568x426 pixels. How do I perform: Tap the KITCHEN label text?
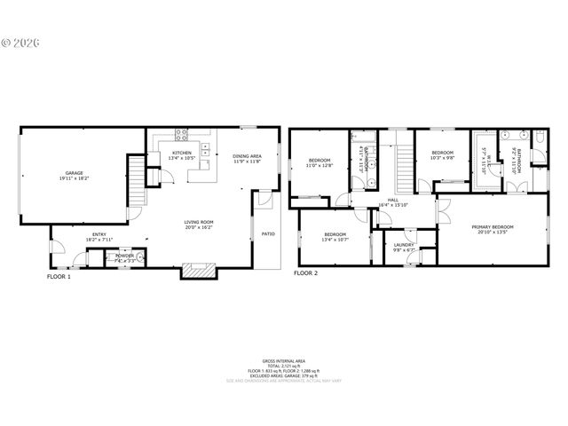[x=182, y=153]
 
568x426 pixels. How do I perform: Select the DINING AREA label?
[x=248, y=156]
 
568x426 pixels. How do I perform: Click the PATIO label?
[x=268, y=235]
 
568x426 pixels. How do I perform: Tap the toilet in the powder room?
[x=138, y=256]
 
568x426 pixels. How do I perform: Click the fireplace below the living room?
[x=198, y=270]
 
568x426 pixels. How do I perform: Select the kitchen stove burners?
[x=182, y=136]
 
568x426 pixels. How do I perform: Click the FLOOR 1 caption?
[x=59, y=276]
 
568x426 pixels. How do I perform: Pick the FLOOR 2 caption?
[x=305, y=273]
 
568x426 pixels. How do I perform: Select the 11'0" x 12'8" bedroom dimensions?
[x=319, y=165]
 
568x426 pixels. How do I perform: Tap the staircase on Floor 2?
[x=404, y=164]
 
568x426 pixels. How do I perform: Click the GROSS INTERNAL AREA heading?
[x=283, y=361]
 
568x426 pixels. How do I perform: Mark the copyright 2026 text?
[x=20, y=43]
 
